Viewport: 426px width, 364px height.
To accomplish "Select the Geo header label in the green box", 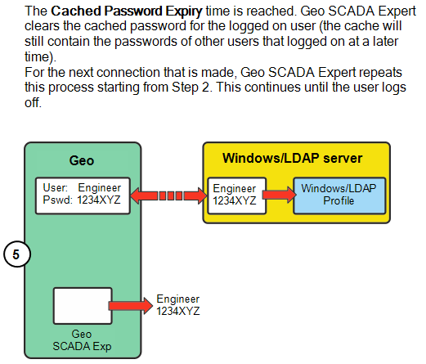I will point(82,161).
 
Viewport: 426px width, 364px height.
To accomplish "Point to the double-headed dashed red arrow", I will point(168,195).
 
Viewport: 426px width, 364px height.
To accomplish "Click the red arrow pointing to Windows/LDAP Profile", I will point(280,195).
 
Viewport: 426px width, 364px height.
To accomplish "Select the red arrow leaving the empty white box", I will point(131,306).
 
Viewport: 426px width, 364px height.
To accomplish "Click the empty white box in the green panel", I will point(82,306).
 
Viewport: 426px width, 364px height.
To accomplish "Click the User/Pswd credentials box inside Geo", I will point(82,195).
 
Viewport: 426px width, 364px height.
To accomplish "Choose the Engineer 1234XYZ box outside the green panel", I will point(178,306).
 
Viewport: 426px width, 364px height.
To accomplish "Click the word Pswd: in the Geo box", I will point(55,200).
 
